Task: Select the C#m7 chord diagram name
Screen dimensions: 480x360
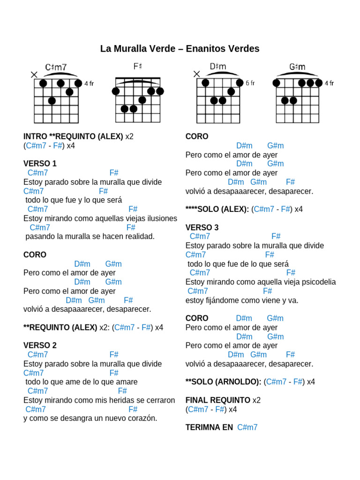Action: click(56, 67)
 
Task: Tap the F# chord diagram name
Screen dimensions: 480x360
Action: click(137, 67)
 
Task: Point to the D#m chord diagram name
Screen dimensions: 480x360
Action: click(218, 67)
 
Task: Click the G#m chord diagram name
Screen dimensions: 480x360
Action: click(297, 67)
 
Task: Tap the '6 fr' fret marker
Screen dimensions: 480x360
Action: click(250, 83)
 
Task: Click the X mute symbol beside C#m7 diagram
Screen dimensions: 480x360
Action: click(34, 74)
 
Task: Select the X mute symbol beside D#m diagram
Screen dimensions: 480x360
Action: click(196, 74)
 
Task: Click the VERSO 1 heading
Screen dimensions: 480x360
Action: click(40, 164)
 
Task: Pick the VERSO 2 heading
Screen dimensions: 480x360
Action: click(40, 345)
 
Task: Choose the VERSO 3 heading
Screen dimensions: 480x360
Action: click(202, 227)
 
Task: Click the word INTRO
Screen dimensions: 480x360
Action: click(35, 136)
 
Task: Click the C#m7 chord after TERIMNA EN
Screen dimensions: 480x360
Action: click(247, 427)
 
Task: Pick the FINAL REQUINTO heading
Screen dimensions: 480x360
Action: click(218, 400)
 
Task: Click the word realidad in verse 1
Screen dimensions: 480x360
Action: click(139, 236)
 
